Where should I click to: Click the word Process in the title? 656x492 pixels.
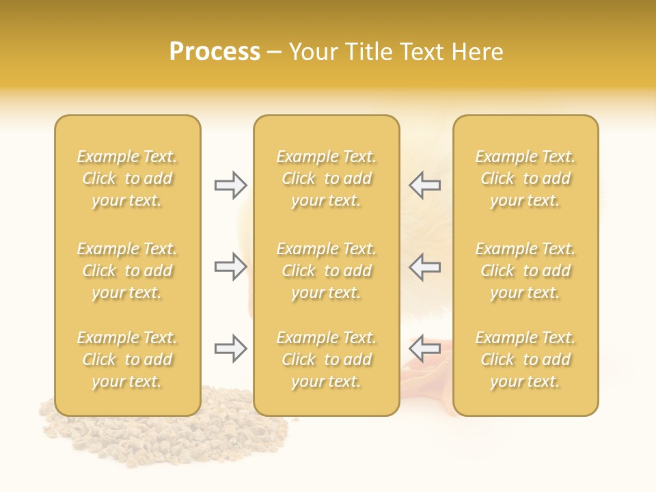tap(215, 52)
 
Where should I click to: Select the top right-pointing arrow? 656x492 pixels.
tap(231, 185)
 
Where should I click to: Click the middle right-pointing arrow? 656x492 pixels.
tap(231, 266)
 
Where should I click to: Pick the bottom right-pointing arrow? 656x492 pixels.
tap(231, 349)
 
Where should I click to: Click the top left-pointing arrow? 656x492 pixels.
tap(424, 185)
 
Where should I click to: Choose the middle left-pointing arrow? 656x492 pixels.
tap(424, 266)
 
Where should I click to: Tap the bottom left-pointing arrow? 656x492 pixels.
tap(424, 348)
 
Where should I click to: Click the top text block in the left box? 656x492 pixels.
tap(127, 178)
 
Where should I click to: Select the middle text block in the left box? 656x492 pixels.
tap(127, 271)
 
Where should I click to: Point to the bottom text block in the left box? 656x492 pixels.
tap(127, 359)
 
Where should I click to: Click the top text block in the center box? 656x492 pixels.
tap(327, 178)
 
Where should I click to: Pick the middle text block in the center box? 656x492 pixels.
tap(327, 271)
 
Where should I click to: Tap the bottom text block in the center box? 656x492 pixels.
tap(327, 359)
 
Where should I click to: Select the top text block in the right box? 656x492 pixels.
tap(525, 178)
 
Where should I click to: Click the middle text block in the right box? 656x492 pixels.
tap(525, 271)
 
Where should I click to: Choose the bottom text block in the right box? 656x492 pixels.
tap(525, 359)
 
